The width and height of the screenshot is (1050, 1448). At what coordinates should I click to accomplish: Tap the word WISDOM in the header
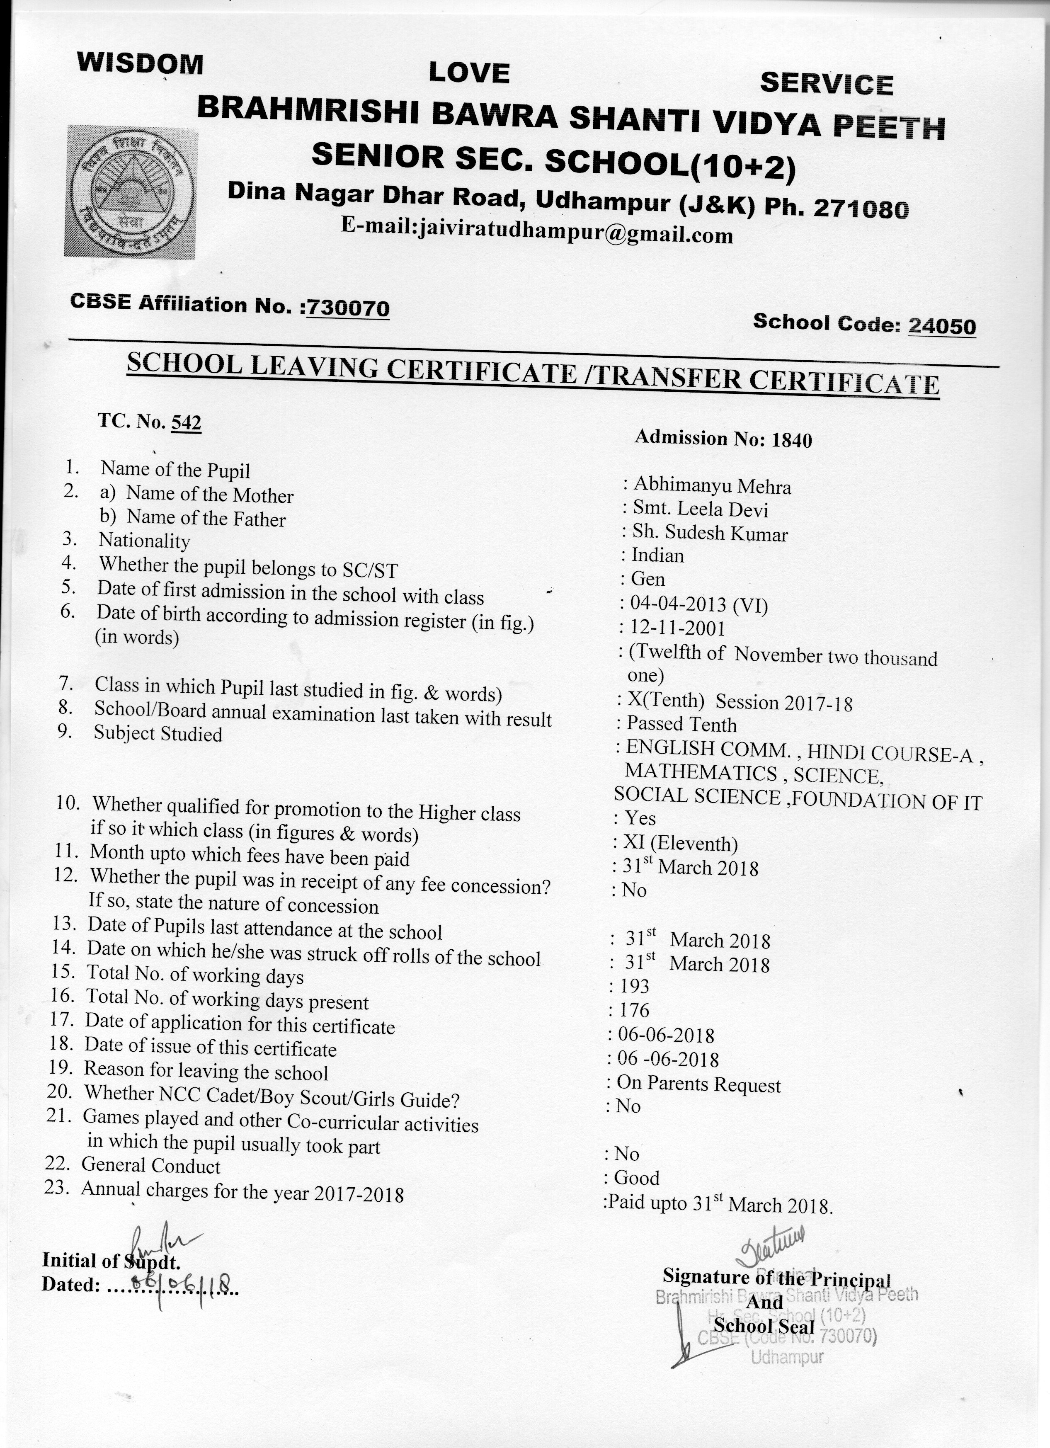140,64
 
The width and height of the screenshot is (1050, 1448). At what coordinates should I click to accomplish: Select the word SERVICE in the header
826,84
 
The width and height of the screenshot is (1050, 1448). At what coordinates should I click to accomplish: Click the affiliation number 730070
348,308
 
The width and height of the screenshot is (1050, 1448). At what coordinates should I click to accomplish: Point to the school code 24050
941,326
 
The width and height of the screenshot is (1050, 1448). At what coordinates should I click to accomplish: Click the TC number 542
187,423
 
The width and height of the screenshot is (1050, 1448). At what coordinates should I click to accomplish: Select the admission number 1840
791,440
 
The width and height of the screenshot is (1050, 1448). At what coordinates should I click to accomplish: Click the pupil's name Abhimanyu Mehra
712,487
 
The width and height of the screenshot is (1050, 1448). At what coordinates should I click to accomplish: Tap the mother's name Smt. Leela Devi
700,509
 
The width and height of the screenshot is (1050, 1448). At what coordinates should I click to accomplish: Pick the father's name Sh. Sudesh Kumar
710,533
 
